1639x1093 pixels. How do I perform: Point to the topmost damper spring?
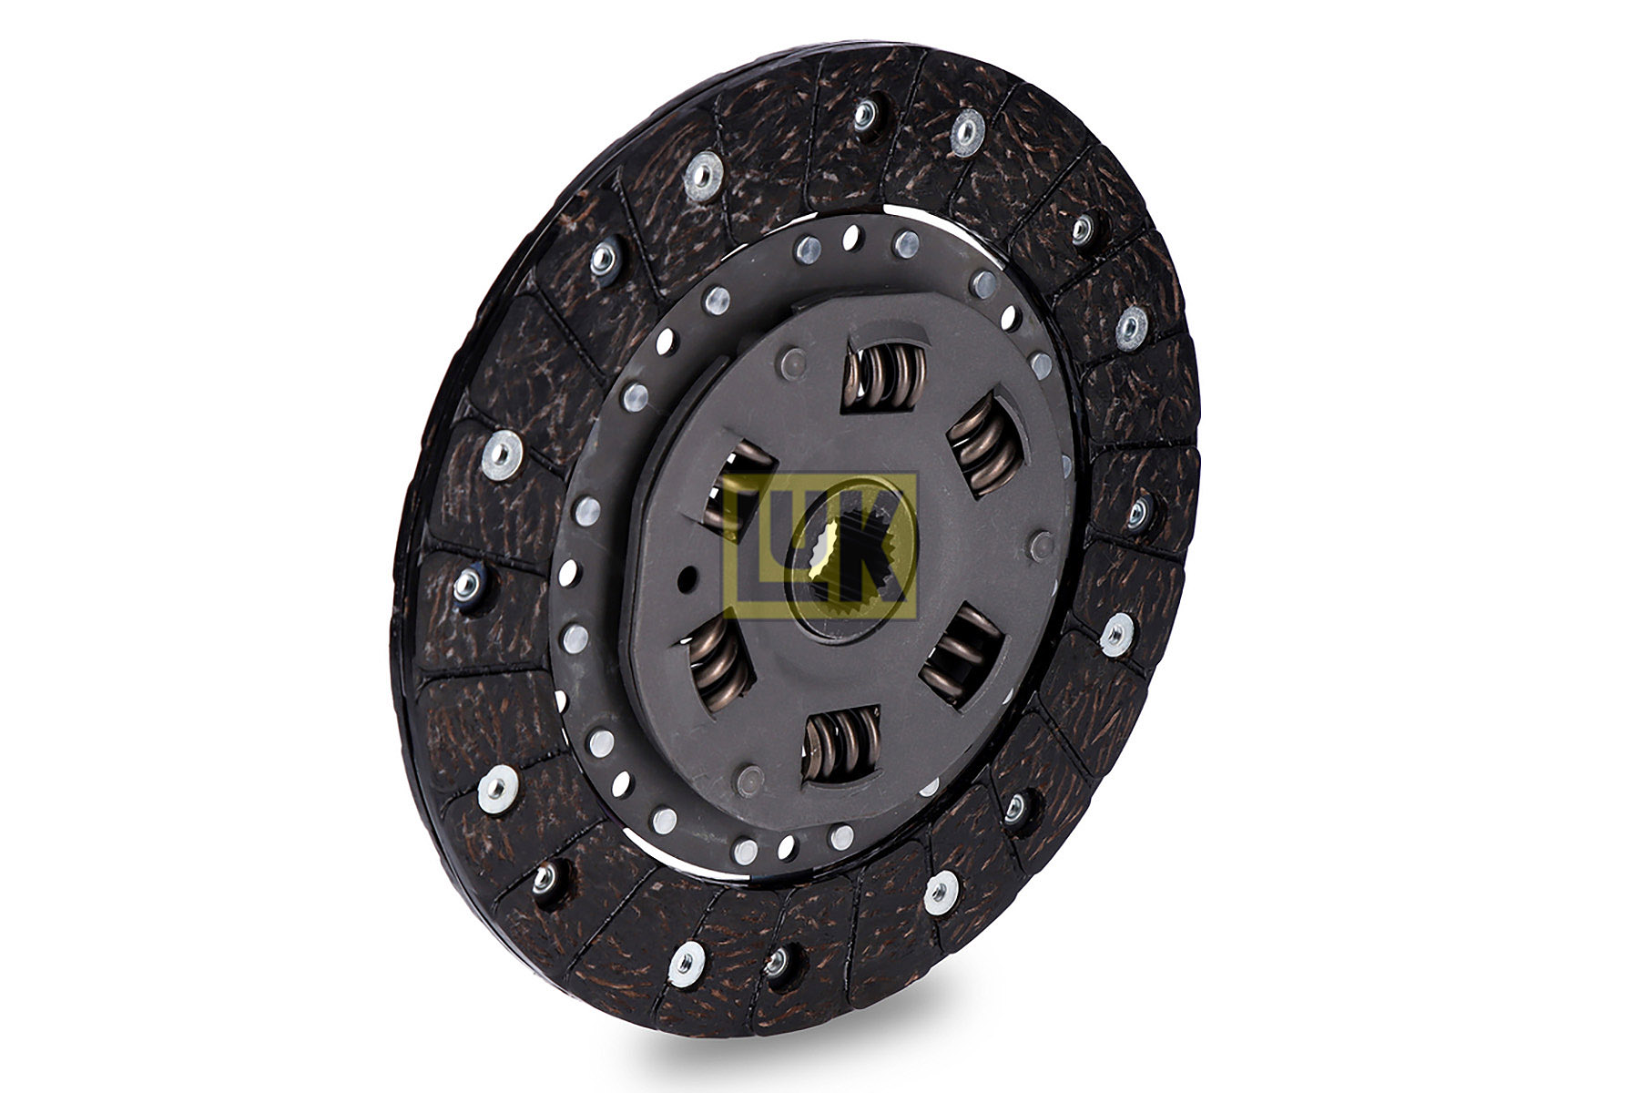tap(884, 374)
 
